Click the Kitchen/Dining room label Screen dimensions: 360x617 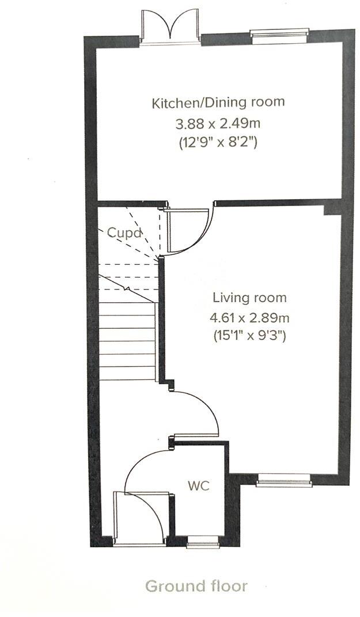(218, 102)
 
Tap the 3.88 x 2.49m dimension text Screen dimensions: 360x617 (218, 124)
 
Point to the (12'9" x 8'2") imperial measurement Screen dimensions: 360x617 (218, 142)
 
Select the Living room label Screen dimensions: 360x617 (250, 298)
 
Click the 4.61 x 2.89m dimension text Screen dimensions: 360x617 (250, 317)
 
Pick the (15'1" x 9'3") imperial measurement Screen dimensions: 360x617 (250, 336)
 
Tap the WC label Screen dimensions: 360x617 (199, 486)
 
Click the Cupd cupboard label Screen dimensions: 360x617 (124, 233)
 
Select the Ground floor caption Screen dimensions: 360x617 (196, 586)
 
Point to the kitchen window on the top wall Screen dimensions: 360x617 (280, 33)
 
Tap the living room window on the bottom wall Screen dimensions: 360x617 (283, 480)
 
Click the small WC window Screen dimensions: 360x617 (202, 542)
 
